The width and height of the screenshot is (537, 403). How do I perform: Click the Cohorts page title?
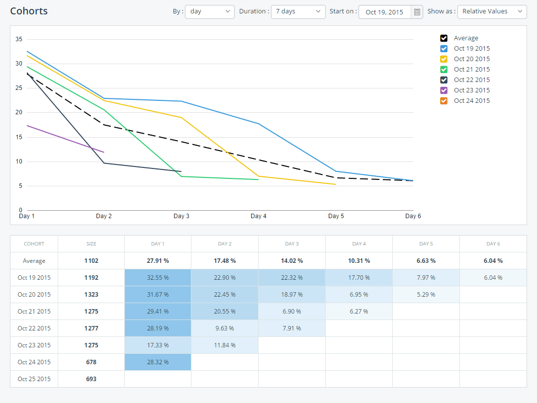[29, 11]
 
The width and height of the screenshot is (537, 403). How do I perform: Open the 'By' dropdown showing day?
[209, 11]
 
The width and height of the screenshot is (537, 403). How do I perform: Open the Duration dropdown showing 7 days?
[298, 11]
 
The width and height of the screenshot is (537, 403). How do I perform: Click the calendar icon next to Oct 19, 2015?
[417, 12]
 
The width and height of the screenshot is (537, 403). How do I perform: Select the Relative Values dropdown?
[491, 11]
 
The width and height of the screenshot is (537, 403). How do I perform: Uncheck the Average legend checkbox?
[444, 38]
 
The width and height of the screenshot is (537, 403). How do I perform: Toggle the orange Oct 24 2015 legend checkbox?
[444, 101]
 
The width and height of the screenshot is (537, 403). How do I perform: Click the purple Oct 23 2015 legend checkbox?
[444, 90]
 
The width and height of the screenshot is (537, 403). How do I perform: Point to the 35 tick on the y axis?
[19, 39]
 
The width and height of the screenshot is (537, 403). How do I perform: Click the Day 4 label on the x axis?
[259, 216]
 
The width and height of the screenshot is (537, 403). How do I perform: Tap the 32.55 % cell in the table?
[158, 278]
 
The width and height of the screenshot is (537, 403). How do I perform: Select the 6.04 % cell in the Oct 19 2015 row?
[493, 278]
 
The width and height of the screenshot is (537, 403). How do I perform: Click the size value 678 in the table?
[91, 362]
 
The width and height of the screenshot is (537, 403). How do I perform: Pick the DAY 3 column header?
[292, 244]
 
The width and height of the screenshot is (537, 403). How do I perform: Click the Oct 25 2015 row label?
[34, 379]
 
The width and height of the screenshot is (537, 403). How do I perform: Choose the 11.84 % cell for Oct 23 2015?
[225, 345]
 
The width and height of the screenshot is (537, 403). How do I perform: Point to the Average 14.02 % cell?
[292, 261]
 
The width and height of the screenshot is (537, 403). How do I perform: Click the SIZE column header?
[91, 244]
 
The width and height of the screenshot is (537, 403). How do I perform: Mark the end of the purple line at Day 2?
[104, 152]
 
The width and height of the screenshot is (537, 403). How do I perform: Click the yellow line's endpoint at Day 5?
[336, 184]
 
